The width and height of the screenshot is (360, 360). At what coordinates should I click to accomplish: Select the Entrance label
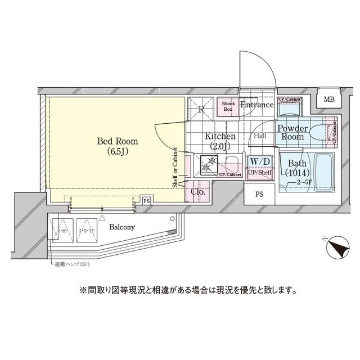[256, 105]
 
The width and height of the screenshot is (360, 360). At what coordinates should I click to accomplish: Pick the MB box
[328, 100]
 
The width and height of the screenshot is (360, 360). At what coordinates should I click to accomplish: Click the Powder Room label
[292, 133]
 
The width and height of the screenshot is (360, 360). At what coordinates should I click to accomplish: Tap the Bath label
[296, 164]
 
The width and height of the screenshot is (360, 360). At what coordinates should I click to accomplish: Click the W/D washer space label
[260, 162]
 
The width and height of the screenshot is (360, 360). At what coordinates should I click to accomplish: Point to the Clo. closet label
[198, 192]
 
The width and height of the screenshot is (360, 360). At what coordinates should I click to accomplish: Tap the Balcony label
[122, 227]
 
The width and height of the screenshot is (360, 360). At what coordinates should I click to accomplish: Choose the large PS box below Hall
[259, 195]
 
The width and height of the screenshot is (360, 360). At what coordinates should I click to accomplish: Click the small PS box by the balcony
[146, 200]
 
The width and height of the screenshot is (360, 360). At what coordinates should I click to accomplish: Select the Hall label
[260, 136]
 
